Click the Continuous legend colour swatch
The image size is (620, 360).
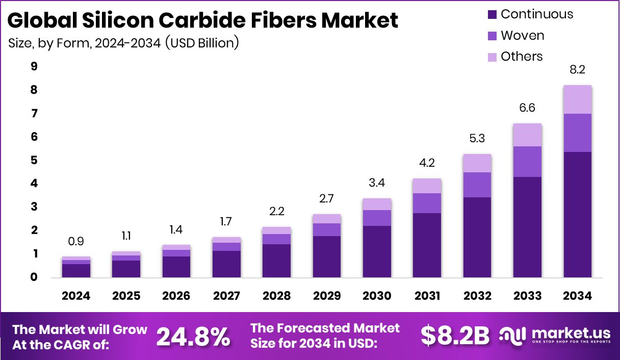click(x=493, y=14)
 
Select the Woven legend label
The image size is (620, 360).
click(x=522, y=36)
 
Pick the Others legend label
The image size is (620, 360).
click(x=522, y=57)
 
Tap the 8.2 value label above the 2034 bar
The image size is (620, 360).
click(x=578, y=70)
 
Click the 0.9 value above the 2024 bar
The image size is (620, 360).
click(x=76, y=241)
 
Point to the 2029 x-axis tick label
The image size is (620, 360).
click(x=327, y=296)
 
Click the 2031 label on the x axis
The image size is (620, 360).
click(x=427, y=296)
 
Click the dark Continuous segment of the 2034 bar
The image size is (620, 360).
click(x=578, y=214)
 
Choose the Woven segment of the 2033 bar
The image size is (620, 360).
click(x=528, y=161)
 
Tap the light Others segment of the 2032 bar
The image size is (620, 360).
click(x=477, y=163)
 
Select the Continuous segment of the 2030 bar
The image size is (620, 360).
click(x=377, y=251)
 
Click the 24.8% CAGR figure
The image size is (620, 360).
click(x=193, y=337)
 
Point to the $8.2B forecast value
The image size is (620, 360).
click(x=455, y=336)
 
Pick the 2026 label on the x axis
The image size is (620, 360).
click(x=176, y=296)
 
